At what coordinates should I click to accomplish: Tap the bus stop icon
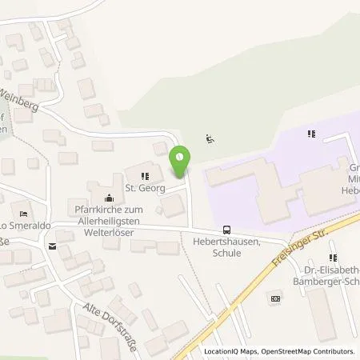click(227, 229)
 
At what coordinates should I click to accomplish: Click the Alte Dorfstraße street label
click(106, 320)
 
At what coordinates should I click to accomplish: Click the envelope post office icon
click(52, 247)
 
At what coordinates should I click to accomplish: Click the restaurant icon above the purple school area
click(310, 134)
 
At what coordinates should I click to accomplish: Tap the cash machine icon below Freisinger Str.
click(276, 298)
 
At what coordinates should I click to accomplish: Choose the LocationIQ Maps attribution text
click(231, 351)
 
